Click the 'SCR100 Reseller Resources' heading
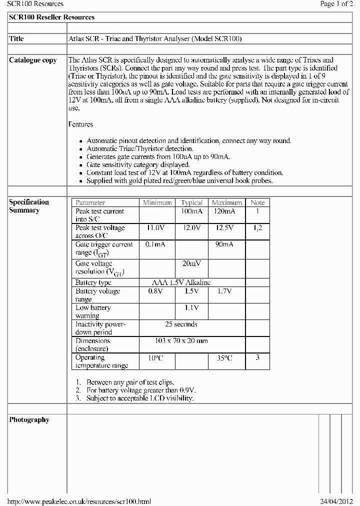point(52,17)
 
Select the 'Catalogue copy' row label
point(33,60)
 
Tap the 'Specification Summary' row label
point(29,206)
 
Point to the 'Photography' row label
point(29,420)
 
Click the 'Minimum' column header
point(157,202)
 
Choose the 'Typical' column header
point(191,202)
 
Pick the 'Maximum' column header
point(226,202)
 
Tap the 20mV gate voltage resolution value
point(191,263)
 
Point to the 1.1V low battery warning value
point(191,307)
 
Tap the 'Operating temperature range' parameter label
point(101,361)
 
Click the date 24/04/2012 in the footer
point(336,501)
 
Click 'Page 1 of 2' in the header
point(336,4)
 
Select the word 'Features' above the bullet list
point(80,124)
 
